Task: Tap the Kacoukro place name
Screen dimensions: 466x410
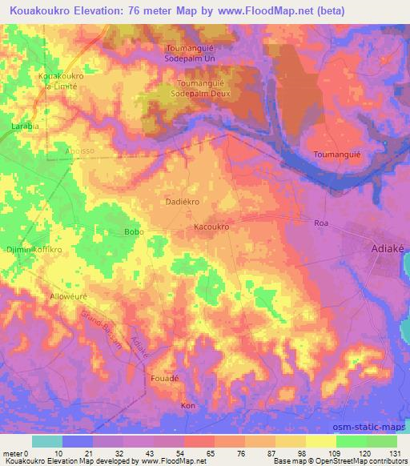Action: (212, 227)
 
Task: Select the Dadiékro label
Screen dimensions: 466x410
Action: (182, 203)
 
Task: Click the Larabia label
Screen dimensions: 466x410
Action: (25, 127)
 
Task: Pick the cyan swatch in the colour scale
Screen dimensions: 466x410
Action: (46, 441)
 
